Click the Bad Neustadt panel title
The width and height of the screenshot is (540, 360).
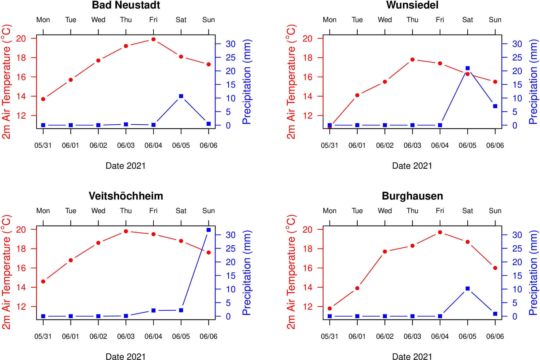(126, 5)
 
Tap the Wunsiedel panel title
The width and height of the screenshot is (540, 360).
(412, 5)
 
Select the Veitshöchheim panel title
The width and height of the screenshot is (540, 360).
(126, 196)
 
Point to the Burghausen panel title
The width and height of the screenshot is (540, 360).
(412, 196)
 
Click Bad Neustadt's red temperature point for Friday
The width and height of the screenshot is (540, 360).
(153, 39)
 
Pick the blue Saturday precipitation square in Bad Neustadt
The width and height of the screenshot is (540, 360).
(181, 96)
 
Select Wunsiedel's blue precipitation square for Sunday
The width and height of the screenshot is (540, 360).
(495, 106)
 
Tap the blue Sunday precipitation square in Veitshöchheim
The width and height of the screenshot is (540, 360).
(208, 230)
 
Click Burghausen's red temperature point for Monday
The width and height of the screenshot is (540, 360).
(330, 309)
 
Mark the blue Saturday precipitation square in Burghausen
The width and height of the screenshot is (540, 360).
(468, 289)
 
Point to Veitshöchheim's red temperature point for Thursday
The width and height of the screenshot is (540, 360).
(126, 231)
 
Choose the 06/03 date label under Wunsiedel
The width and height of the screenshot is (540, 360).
(412, 146)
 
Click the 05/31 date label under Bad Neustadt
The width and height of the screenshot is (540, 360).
(43, 146)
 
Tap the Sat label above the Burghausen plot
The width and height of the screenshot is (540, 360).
(467, 211)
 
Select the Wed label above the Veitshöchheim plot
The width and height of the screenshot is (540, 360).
(98, 211)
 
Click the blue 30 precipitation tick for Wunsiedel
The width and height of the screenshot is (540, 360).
(517, 44)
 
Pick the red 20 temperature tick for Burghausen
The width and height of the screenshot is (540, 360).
(307, 230)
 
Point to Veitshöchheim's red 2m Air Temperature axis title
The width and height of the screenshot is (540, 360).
(6, 272)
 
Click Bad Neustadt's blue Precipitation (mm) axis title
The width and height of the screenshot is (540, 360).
(247, 82)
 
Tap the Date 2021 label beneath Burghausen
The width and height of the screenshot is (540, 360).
(412, 357)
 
